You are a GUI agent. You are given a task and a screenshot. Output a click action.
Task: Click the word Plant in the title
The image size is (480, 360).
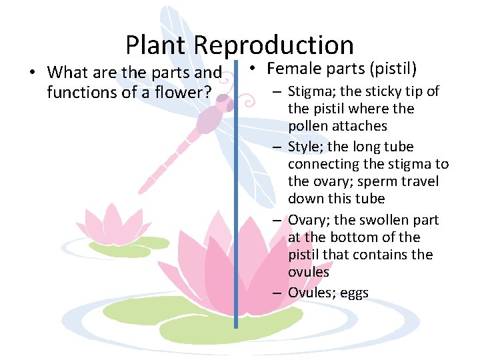click(x=157, y=45)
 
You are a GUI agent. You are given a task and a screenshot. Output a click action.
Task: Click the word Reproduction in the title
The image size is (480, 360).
click(x=274, y=45)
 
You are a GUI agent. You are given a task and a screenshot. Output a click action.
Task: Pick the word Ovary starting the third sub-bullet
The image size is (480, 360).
click(x=305, y=220)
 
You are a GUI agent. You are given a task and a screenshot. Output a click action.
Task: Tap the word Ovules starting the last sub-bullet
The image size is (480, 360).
click(x=309, y=293)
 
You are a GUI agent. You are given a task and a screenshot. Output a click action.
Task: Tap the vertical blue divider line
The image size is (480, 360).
click(x=236, y=200)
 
